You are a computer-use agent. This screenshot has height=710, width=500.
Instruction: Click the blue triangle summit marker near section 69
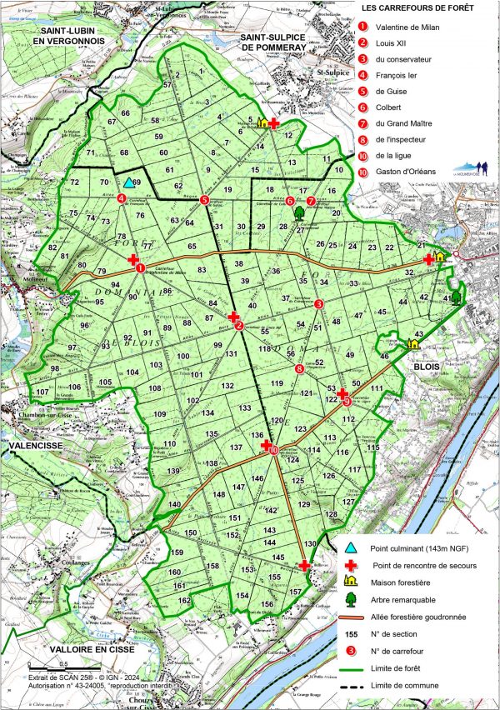[128, 182]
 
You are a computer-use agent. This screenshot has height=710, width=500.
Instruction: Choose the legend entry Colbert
[389, 107]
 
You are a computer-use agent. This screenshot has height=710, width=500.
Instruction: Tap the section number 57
[167, 85]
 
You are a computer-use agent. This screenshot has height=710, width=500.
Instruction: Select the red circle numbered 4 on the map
[122, 198]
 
